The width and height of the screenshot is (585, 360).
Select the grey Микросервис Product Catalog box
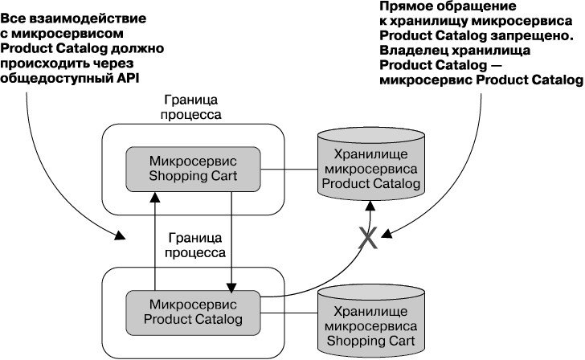pos(193,313)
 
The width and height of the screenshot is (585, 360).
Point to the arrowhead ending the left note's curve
pos(120,236)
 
